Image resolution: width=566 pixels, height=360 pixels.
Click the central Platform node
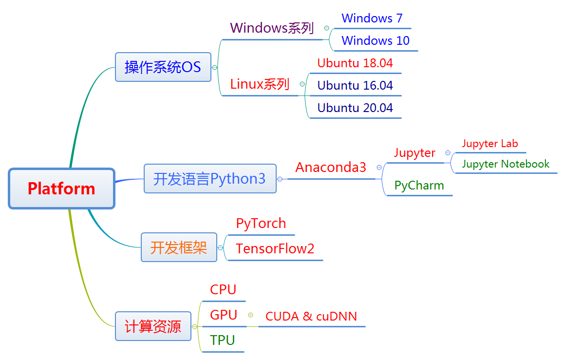61,189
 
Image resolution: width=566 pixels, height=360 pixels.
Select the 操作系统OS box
163,67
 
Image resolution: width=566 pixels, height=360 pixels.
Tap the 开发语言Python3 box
210,179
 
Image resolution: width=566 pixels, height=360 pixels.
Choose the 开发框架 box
179,247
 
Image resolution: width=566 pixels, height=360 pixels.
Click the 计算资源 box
153,326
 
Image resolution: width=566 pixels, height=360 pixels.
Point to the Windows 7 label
372,18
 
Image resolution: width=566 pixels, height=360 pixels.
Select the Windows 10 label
376,40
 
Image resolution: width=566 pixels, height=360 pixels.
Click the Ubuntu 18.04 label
355,63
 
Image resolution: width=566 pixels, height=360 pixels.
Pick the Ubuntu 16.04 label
355,86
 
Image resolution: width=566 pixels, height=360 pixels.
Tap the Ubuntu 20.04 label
355,108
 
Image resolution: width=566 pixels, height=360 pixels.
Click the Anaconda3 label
331,167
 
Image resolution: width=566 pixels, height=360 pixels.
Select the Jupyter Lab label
490,144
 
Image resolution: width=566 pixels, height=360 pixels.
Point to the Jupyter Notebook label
506,164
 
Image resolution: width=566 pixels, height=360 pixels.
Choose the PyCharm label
419,186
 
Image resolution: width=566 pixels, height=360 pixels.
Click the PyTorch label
261,224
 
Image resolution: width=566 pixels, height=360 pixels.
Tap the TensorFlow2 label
275,248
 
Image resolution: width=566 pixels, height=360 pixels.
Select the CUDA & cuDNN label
311,316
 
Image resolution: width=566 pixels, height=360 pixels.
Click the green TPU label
222,340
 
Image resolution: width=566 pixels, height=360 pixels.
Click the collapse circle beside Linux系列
302,84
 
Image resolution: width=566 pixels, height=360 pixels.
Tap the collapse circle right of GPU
250,315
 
